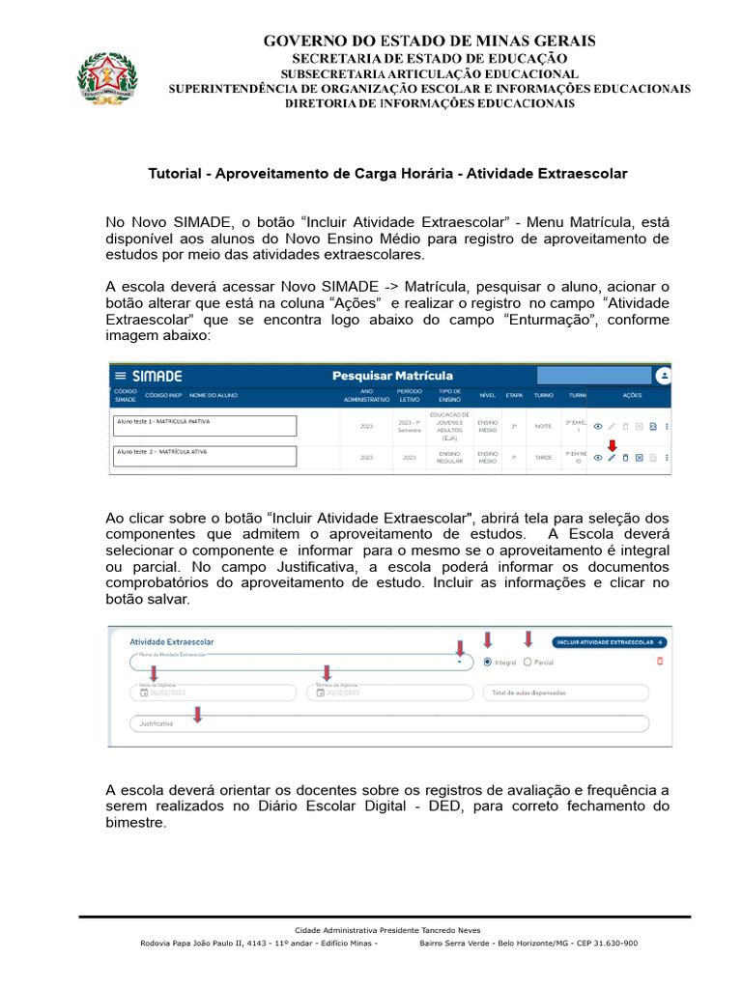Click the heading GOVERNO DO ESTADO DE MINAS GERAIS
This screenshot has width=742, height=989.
(x=429, y=41)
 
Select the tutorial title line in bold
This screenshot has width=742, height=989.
(x=387, y=174)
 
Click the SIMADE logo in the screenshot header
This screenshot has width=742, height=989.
(x=157, y=376)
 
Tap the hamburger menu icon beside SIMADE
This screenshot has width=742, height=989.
(x=121, y=376)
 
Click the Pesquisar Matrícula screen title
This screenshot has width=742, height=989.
(x=392, y=376)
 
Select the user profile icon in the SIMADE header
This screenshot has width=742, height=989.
(x=663, y=376)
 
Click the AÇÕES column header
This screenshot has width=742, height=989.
(x=632, y=396)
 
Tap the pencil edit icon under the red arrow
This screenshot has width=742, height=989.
(x=612, y=458)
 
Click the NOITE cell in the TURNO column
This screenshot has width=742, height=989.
(x=543, y=426)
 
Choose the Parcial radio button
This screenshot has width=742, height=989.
(x=528, y=663)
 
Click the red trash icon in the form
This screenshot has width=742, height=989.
(x=661, y=661)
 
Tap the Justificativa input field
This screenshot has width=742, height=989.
(x=386, y=723)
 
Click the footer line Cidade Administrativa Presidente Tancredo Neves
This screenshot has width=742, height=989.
(x=387, y=930)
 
